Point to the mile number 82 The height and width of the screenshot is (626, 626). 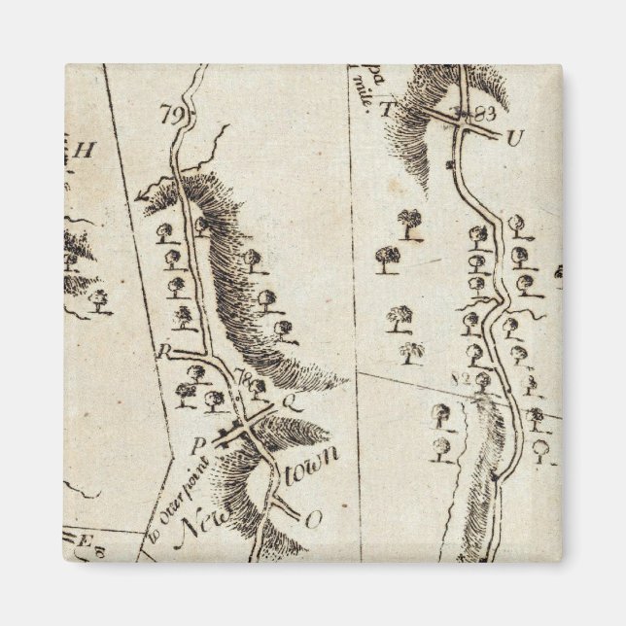click(x=462, y=377)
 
